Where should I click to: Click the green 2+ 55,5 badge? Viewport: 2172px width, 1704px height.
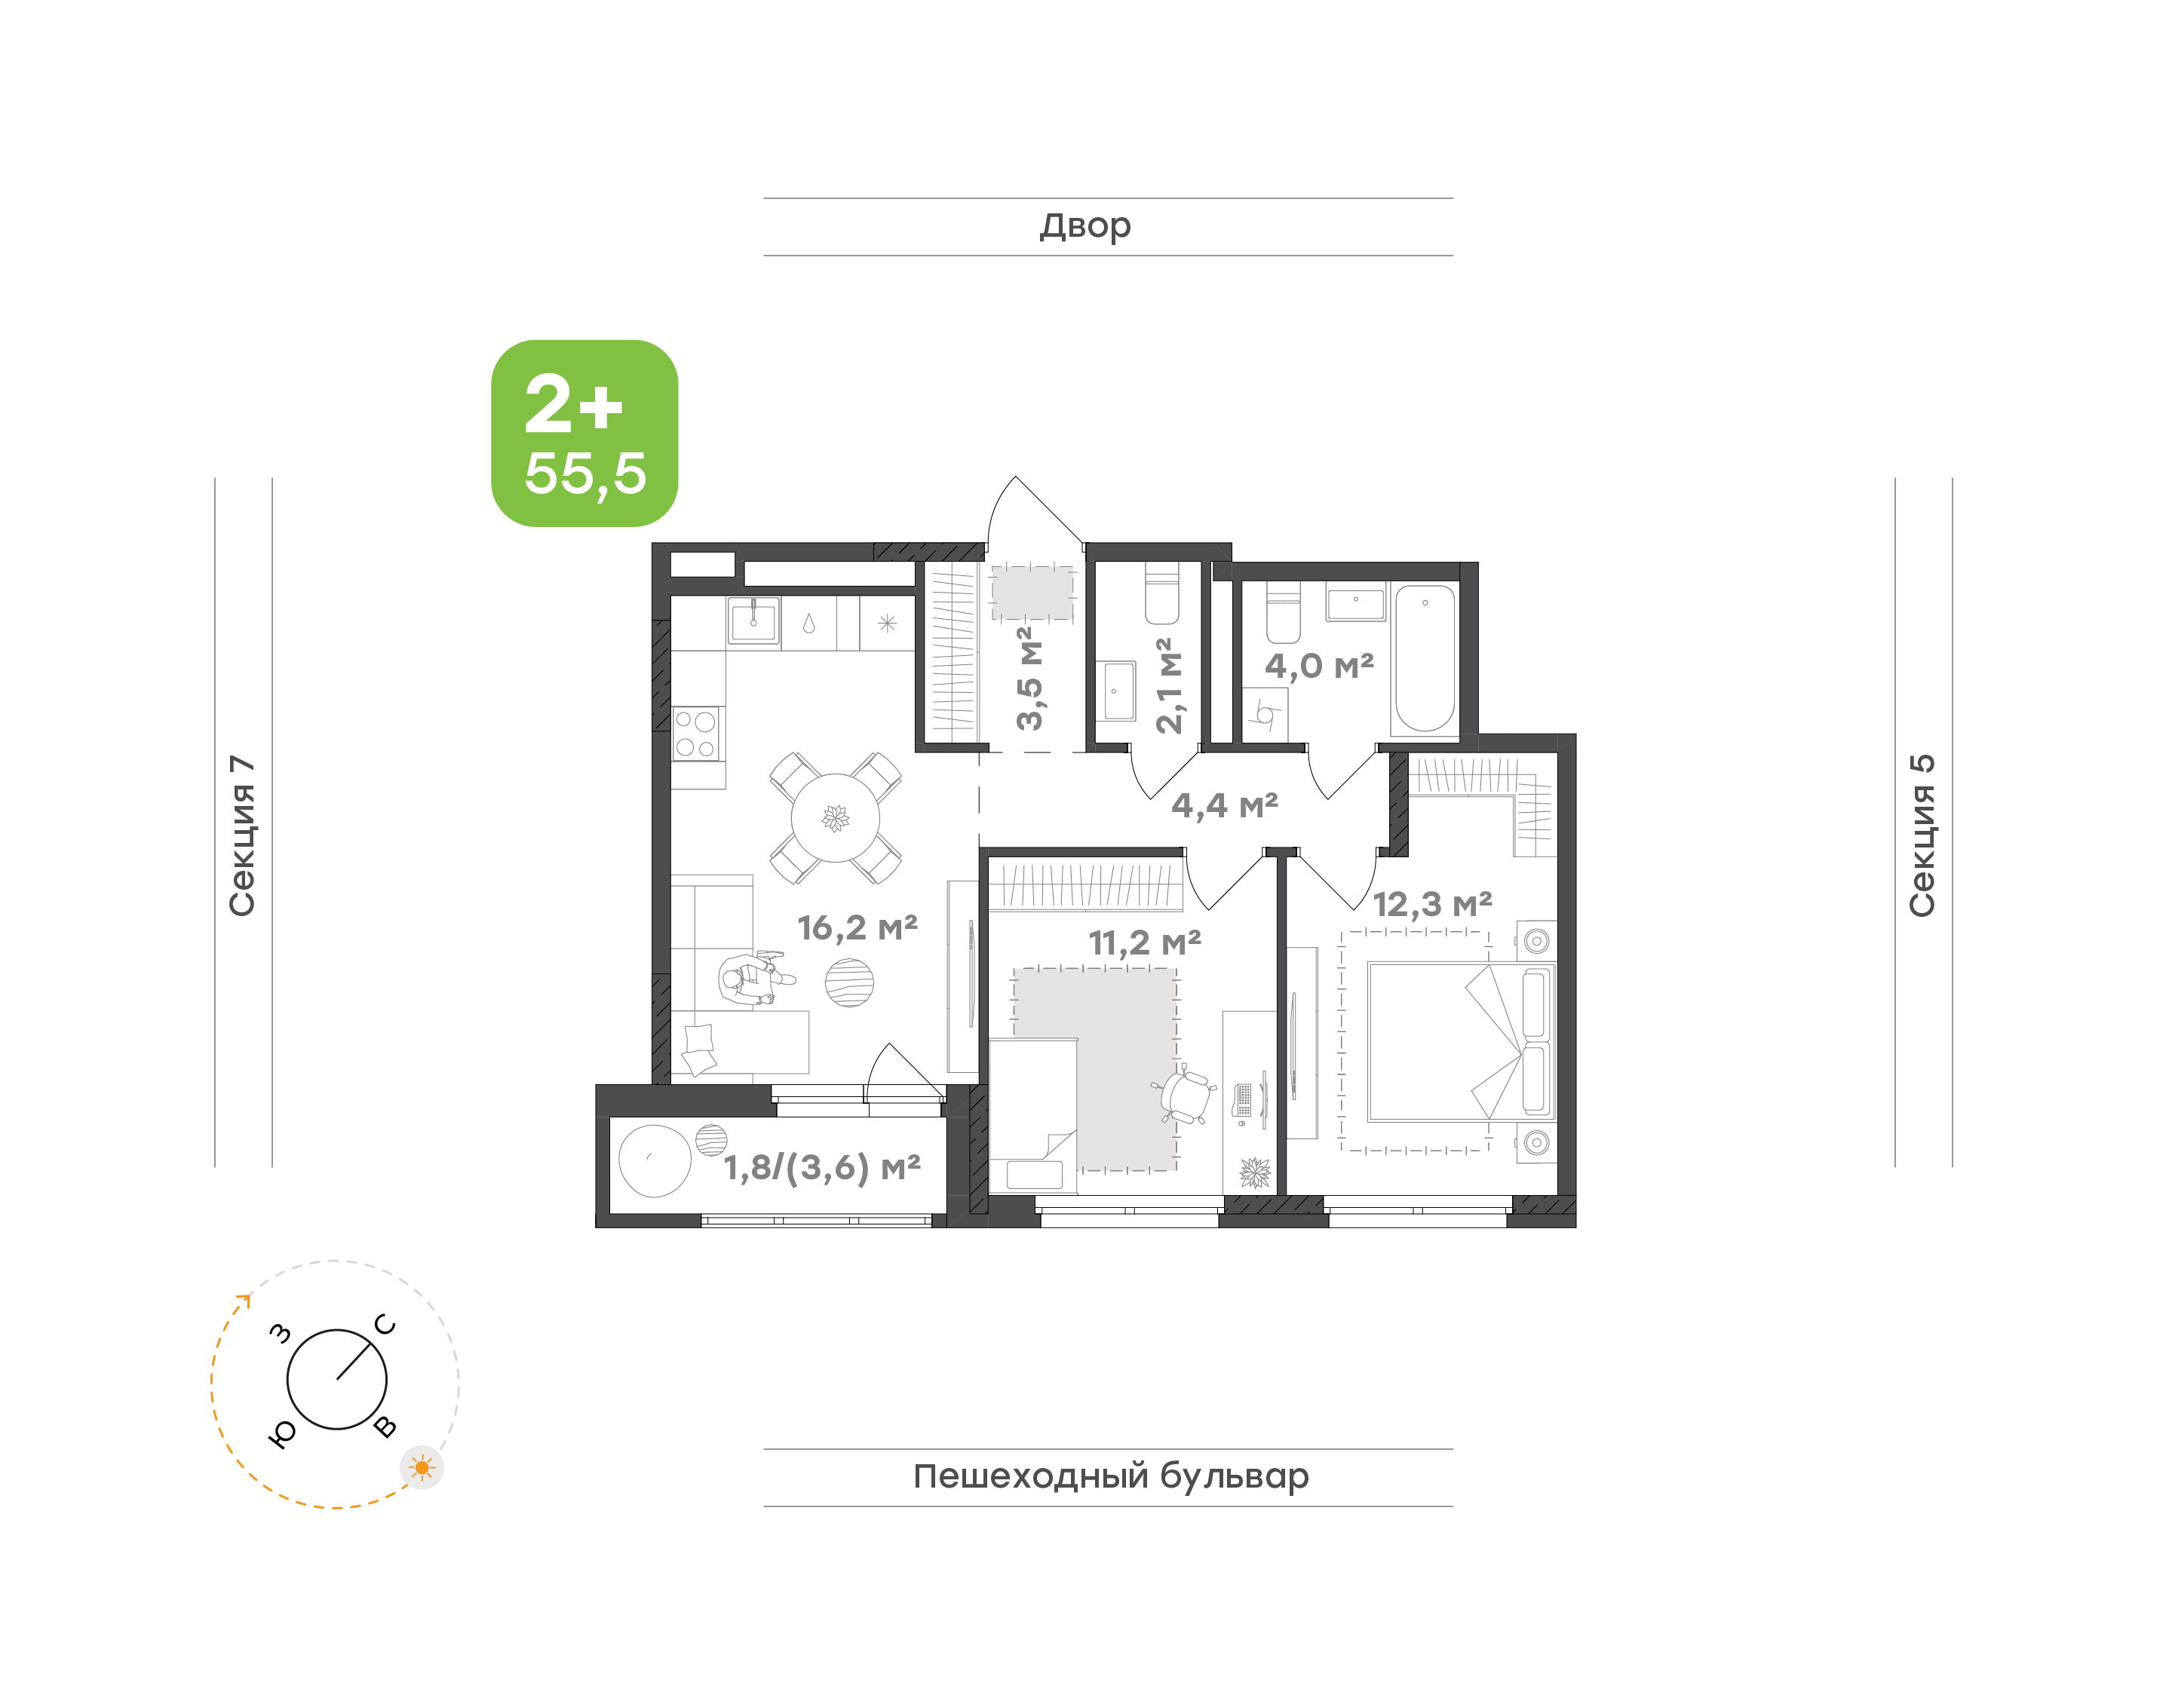[x=584, y=433]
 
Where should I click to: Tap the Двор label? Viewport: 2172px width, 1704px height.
[x=1085, y=226]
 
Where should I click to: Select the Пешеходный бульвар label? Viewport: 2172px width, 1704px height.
[x=1110, y=1476]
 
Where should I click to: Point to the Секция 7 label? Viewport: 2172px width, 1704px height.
[x=242, y=835]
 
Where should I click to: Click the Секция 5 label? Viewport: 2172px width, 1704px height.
[x=1922, y=835]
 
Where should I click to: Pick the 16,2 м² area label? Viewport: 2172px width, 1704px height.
[x=857, y=928]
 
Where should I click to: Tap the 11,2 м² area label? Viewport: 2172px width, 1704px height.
[x=1144, y=942]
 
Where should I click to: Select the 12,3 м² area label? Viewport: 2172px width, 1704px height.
[x=1433, y=904]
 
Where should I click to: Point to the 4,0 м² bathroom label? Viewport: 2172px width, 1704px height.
[x=1319, y=666]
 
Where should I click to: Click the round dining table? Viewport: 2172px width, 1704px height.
[x=835, y=818]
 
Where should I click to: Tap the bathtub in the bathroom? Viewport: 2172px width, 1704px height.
[x=1425, y=658]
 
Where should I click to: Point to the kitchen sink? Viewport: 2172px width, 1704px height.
[x=753, y=621]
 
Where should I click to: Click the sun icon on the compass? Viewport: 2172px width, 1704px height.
[x=422, y=1467]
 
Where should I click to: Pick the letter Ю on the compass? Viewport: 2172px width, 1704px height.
[x=284, y=1433]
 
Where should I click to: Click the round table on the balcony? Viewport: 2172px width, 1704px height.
[x=655, y=1160]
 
